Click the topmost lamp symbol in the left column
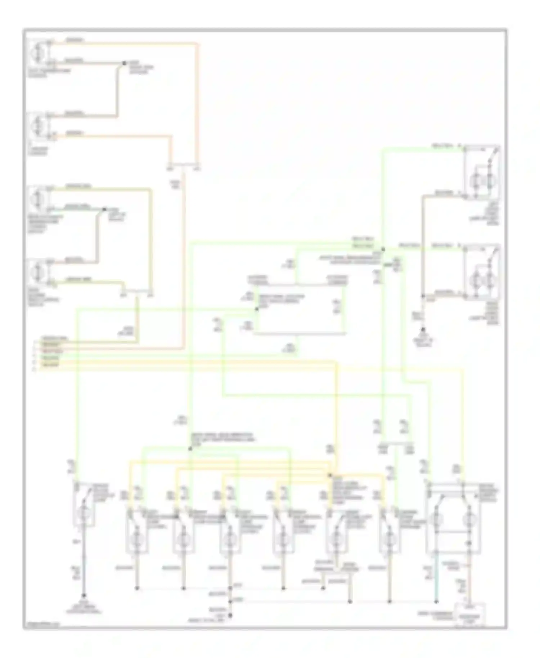click(x=37, y=53)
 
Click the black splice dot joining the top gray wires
click(x=124, y=63)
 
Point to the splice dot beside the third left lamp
click(x=104, y=209)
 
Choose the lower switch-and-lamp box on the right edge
click(x=481, y=272)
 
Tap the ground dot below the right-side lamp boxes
click(x=423, y=329)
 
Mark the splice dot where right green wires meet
click(x=383, y=249)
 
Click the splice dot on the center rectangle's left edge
click(x=257, y=309)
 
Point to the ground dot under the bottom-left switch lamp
click(x=84, y=595)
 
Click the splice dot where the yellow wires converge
click(x=329, y=475)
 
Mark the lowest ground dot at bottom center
click(x=230, y=616)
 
